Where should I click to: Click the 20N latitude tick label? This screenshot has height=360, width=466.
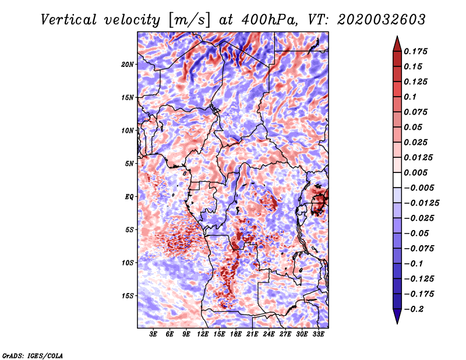(128, 64)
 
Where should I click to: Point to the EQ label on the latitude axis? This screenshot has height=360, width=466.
(129, 197)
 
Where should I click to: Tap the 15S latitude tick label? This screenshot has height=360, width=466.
(128, 296)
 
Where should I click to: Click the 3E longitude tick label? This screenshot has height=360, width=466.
(154, 335)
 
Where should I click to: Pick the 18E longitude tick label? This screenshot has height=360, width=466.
(236, 335)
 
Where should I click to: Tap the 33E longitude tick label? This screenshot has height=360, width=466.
(318, 335)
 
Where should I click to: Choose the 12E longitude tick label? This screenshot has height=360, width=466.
(203, 335)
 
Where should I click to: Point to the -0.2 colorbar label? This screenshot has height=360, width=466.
(415, 309)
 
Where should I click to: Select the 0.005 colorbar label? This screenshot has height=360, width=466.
(417, 172)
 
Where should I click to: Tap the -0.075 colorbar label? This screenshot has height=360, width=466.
(420, 248)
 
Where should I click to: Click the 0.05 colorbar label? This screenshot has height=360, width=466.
(414, 127)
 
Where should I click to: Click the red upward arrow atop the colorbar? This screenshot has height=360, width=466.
(396, 43)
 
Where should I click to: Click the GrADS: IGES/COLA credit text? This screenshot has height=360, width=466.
(32, 355)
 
